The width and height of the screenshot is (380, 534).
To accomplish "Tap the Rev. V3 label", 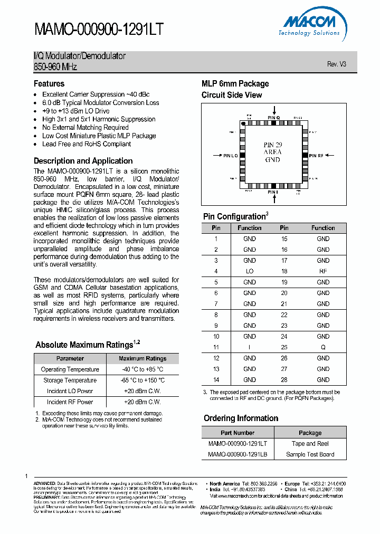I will click(x=336, y=64).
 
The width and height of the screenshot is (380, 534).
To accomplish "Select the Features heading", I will click(x=49, y=84).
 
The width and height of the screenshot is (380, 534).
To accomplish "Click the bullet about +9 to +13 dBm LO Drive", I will click(x=75, y=111).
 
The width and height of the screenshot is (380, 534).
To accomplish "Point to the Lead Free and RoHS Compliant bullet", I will click(x=87, y=144).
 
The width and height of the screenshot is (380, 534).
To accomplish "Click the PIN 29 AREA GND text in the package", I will click(x=272, y=152).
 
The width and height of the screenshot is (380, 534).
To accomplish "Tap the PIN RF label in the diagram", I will click(x=317, y=156).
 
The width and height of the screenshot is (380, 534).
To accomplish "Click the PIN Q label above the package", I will click(x=273, y=118).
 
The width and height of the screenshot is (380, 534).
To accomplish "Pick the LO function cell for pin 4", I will click(x=250, y=271).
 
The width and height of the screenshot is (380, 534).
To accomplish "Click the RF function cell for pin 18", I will click(x=323, y=271).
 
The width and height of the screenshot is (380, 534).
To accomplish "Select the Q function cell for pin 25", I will click(x=323, y=348).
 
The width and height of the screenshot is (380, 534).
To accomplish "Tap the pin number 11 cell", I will click(x=216, y=348).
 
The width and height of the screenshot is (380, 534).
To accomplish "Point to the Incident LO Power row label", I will click(x=70, y=391).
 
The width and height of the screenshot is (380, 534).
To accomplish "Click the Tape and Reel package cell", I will click(x=310, y=444).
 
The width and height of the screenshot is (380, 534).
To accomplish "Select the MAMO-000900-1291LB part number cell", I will click(x=237, y=454).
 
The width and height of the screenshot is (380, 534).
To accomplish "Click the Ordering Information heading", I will click(x=241, y=418).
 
